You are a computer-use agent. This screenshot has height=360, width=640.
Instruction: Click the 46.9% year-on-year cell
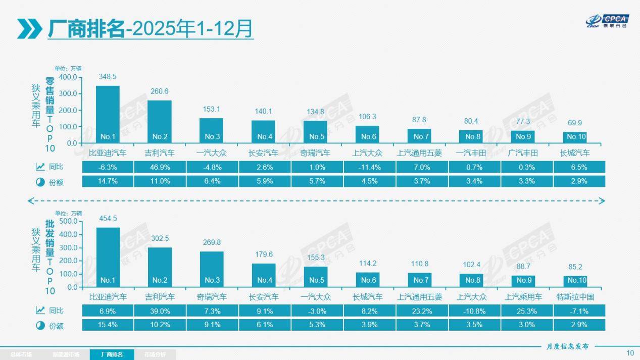click(x=160, y=167)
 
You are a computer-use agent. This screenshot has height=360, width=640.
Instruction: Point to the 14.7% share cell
click(x=108, y=181)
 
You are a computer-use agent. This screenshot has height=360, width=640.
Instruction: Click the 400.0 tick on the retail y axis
click(x=68, y=77)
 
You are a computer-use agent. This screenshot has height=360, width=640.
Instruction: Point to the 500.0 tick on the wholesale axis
click(x=68, y=222)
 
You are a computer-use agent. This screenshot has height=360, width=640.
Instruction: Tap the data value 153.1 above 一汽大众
click(x=211, y=109)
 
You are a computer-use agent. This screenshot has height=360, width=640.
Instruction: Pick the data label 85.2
click(x=575, y=267)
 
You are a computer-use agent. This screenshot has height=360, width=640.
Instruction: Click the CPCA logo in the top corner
click(x=606, y=21)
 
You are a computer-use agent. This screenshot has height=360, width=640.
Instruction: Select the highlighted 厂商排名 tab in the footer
click(x=112, y=354)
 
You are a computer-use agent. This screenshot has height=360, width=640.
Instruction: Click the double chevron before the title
click(x=29, y=29)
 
